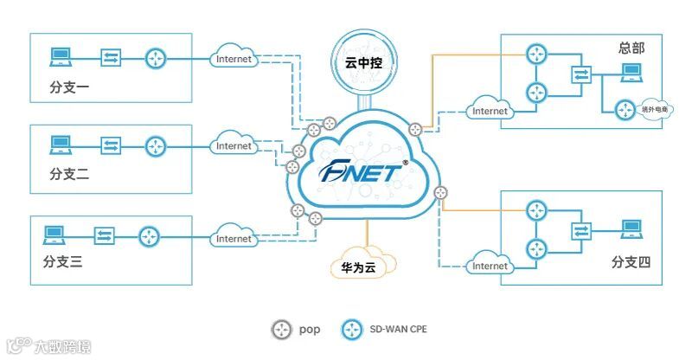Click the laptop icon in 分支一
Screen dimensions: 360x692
(60, 57)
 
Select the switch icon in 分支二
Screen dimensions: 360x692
(111, 145)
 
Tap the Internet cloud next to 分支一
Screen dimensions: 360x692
(234, 59)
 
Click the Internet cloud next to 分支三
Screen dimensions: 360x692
(234, 238)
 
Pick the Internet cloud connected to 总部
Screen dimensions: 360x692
(490, 110)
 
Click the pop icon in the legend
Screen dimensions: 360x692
(281, 330)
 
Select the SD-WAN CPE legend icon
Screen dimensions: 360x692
(352, 330)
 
